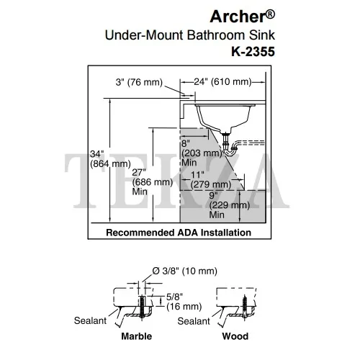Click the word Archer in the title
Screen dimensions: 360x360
pos(238,17)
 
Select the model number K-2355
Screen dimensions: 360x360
pos(253,51)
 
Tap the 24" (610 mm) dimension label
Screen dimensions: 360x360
pos(222,82)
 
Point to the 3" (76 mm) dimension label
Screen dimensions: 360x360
pos(139,82)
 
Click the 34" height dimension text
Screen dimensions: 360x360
pos(97,154)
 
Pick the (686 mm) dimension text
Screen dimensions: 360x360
pos(153,182)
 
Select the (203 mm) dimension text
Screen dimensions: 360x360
pos(202,153)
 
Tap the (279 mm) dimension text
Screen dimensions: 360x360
pos(211,184)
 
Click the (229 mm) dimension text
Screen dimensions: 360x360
pos(230,205)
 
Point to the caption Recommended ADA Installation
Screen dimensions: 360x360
pos(179,233)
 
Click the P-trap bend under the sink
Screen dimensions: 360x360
pos(230,153)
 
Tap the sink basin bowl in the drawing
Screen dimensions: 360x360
pos(223,117)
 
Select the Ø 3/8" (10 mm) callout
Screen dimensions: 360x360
pos(185,271)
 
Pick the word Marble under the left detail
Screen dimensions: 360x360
pos(137,336)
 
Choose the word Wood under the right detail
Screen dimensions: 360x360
pos(235,336)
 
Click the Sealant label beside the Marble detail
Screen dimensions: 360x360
pos(90,320)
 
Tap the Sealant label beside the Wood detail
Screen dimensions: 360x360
pos(194,321)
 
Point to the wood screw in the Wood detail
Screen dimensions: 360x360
pos(245,307)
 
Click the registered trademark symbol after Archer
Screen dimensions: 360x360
pos(271,14)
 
